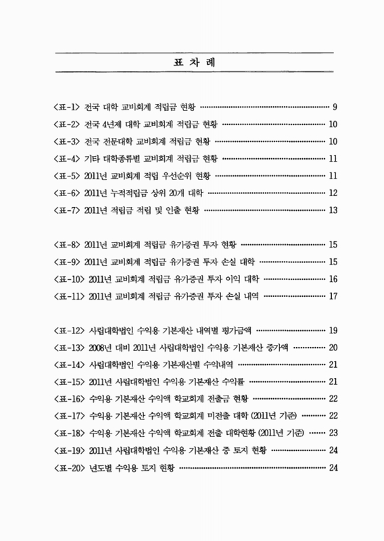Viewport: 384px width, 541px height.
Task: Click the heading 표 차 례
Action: [193, 62]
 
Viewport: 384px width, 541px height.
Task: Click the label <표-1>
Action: [66, 107]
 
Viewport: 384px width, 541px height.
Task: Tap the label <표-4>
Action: [66, 159]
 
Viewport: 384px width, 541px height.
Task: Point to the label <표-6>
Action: [66, 193]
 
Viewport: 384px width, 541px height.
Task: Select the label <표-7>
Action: [66, 210]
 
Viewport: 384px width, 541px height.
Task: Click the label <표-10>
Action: [68, 278]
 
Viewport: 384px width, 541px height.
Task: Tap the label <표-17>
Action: [68, 416]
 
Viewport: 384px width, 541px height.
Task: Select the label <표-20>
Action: [68, 467]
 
